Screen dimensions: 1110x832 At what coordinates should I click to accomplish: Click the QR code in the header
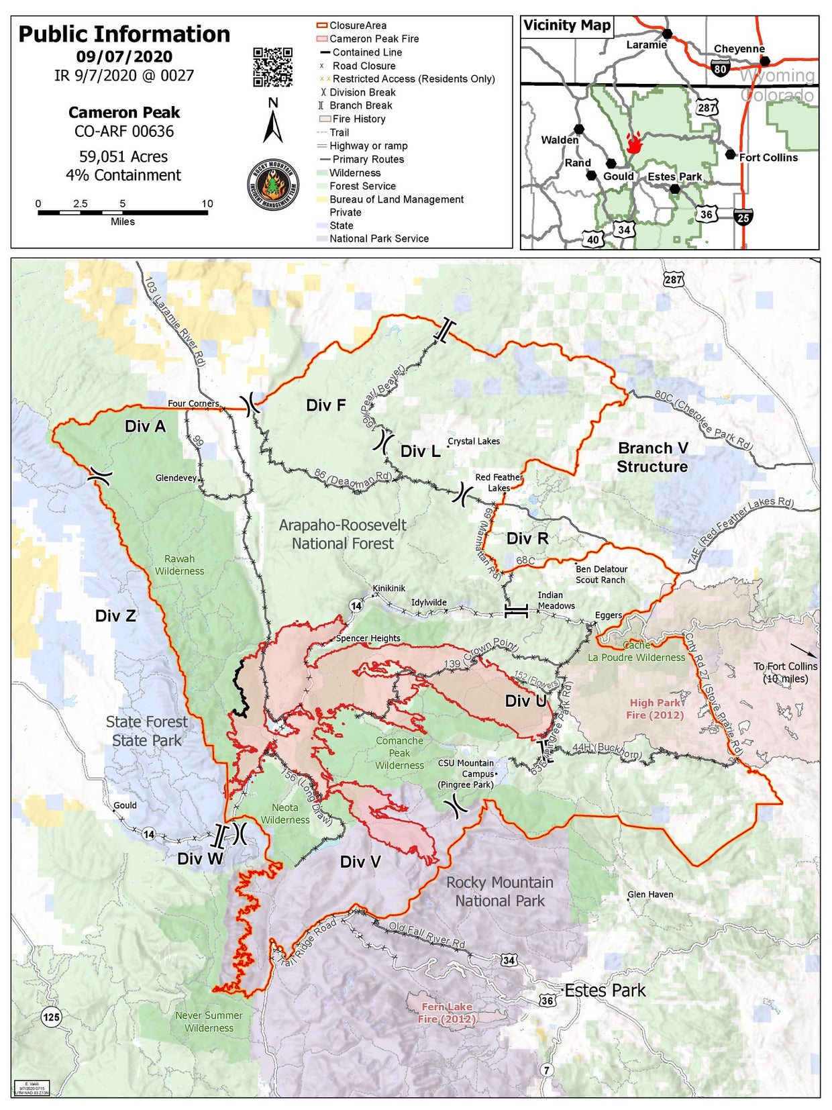pyautogui.click(x=272, y=67)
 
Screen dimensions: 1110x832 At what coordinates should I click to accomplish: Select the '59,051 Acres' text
pyautogui.click(x=123, y=156)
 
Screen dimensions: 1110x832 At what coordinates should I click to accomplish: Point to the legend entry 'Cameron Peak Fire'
pyautogui.click(x=374, y=39)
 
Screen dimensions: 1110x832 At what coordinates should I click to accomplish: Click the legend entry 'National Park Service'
pyautogui.click(x=378, y=238)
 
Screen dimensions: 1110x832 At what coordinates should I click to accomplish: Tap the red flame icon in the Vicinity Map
pyautogui.click(x=633, y=142)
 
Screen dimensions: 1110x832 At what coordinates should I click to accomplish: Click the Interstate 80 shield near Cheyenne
pyautogui.click(x=720, y=68)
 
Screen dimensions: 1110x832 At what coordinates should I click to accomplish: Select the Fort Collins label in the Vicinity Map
pyautogui.click(x=768, y=157)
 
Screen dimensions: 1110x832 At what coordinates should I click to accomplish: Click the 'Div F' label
pyautogui.click(x=325, y=405)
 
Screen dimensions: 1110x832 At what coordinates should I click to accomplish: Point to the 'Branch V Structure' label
pyautogui.click(x=652, y=457)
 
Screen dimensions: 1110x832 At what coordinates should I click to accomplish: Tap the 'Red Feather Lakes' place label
pyautogui.click(x=499, y=482)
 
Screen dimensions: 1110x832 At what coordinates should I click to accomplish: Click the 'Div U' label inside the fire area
pyautogui.click(x=525, y=701)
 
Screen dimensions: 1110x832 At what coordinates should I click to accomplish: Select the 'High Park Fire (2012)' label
pyautogui.click(x=655, y=709)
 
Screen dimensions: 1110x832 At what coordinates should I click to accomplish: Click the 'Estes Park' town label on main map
pyautogui.click(x=605, y=991)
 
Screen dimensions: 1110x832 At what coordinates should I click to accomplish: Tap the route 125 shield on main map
pyautogui.click(x=51, y=1017)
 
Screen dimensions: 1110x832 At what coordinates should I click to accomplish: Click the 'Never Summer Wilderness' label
pyautogui.click(x=209, y=1021)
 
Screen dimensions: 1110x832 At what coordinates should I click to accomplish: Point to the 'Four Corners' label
pyautogui.click(x=193, y=403)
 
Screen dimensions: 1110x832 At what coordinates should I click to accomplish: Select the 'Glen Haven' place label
pyautogui.click(x=650, y=895)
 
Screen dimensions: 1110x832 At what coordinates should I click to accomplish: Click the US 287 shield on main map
pyautogui.click(x=673, y=280)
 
